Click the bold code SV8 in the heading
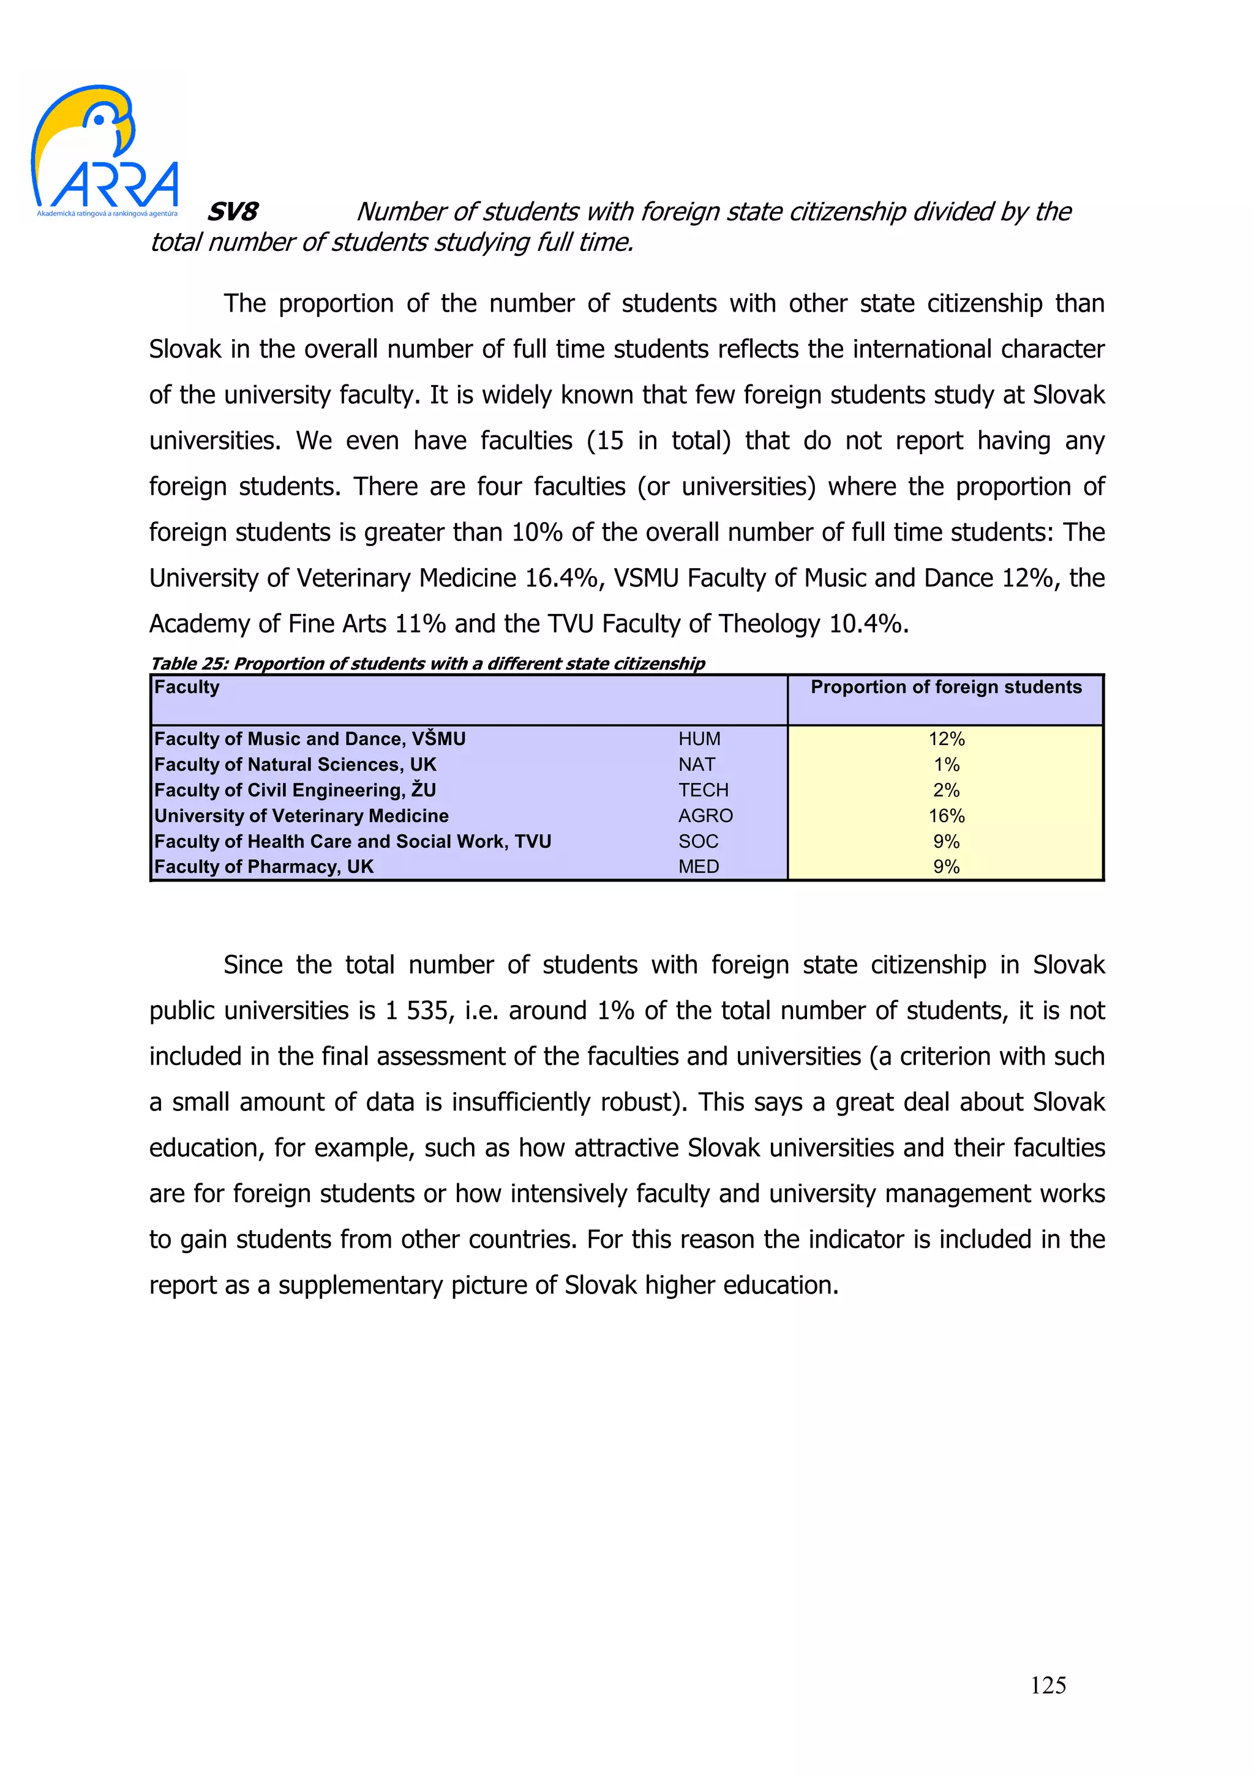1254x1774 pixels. [233, 212]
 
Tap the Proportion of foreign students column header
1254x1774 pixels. [946, 687]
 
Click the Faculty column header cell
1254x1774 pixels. [187, 687]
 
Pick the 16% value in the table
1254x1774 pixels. [946, 815]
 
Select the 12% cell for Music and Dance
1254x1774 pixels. [946, 739]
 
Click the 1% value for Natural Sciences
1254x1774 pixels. [946, 764]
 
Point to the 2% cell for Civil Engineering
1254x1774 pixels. [946, 790]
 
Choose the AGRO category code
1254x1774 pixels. [705, 815]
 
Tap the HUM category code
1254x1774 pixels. [699, 739]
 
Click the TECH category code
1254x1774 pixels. [703, 790]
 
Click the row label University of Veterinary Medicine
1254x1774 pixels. [301, 815]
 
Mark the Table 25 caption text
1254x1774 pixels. [427, 664]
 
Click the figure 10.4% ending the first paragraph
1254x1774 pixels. [867, 624]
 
